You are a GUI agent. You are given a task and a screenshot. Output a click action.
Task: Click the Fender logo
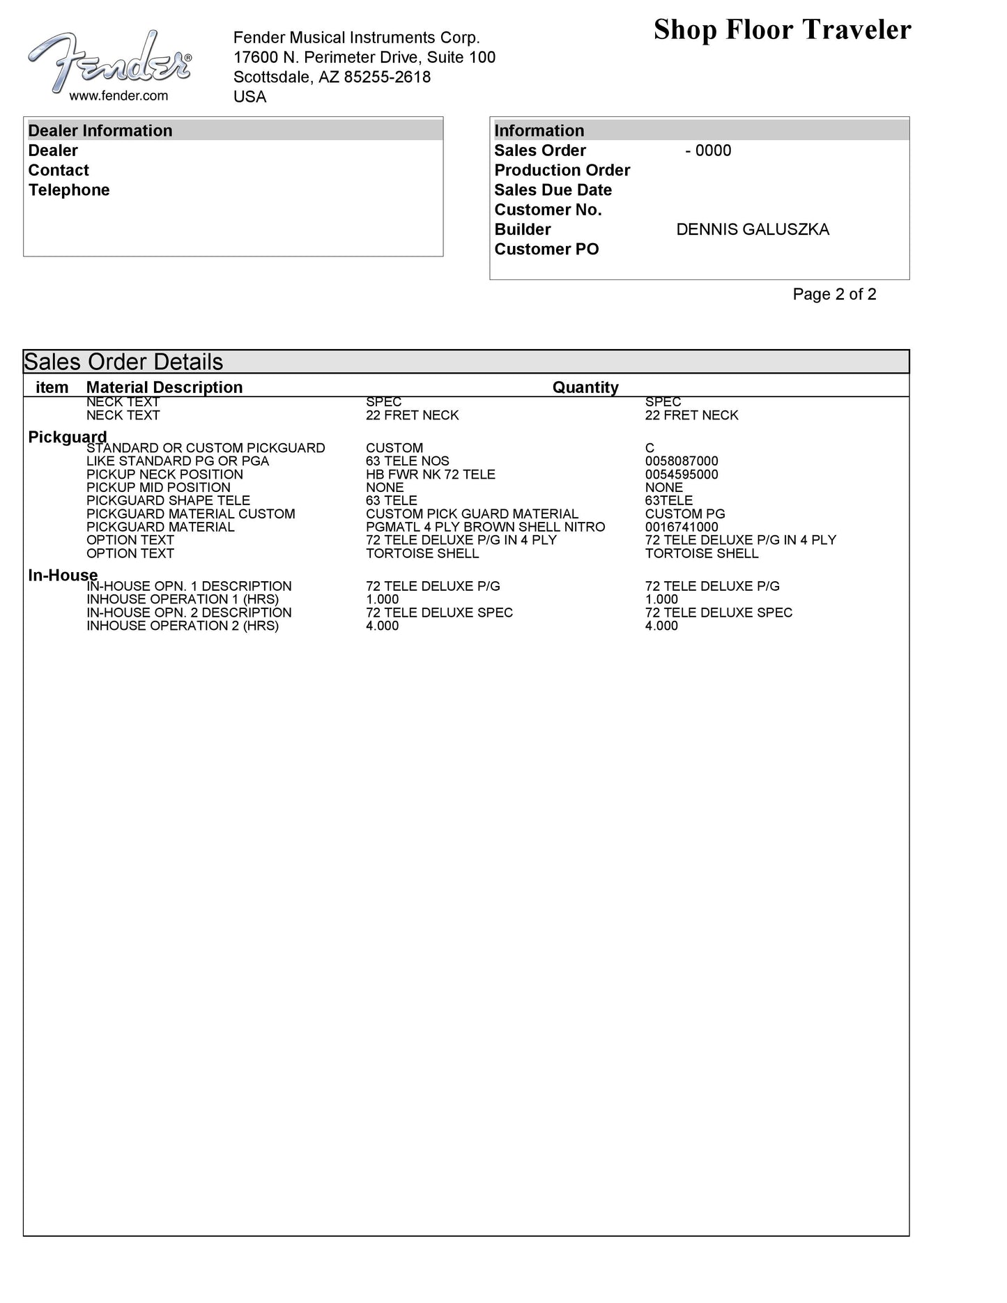(109, 61)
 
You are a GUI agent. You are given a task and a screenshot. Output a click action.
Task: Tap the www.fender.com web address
(118, 96)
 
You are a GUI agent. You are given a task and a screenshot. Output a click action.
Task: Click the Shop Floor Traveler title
(782, 30)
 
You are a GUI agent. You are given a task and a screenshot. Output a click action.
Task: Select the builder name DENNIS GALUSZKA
(753, 230)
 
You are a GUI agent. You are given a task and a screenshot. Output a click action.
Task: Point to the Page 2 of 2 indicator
(834, 295)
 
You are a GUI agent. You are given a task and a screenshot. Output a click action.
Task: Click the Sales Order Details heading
(123, 362)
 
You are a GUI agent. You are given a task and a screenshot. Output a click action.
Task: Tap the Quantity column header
(585, 387)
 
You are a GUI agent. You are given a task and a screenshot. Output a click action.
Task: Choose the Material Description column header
(164, 387)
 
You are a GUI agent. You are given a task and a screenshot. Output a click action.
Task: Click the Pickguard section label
(67, 437)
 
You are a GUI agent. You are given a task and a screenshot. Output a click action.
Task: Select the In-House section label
(63, 575)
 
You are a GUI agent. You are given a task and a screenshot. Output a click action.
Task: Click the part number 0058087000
(682, 461)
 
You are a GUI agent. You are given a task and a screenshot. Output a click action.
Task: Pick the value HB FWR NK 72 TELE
(431, 475)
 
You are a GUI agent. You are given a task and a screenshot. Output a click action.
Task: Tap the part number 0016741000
(682, 527)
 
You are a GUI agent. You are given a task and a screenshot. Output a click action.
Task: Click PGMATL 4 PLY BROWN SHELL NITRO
(485, 527)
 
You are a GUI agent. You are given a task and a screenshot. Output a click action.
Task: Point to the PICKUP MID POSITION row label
(158, 488)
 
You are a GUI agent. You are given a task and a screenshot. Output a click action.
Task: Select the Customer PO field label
(546, 249)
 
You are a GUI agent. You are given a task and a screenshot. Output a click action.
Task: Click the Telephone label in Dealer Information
(69, 190)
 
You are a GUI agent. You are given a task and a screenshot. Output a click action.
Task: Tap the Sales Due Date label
(553, 190)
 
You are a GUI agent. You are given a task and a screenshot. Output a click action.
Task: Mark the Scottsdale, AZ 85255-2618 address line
(332, 77)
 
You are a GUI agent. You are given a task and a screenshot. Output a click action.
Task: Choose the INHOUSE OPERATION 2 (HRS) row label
(183, 626)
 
